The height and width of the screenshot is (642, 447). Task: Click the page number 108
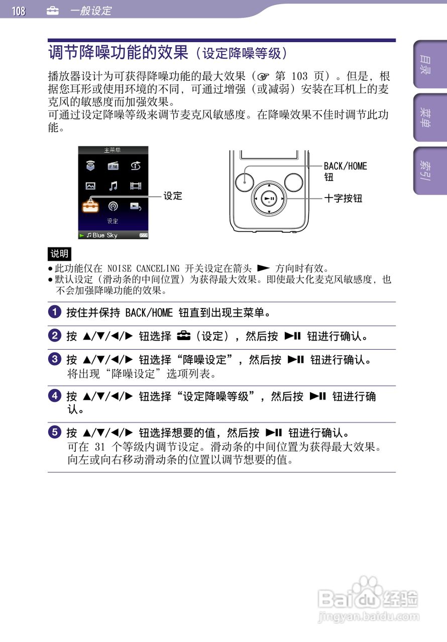tap(19, 11)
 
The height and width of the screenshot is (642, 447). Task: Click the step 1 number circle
tap(55, 312)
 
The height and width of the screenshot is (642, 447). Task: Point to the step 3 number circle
tap(55, 359)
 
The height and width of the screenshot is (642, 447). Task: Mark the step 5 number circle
tap(55, 432)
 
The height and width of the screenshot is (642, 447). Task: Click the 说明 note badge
tap(59, 254)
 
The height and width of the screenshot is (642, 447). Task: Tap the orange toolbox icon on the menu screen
tap(90, 206)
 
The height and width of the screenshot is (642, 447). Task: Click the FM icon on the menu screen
tap(113, 166)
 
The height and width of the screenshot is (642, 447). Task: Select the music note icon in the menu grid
tap(113, 186)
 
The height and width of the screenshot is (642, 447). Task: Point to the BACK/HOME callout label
tap(346, 166)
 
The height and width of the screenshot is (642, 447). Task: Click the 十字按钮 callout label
tap(344, 198)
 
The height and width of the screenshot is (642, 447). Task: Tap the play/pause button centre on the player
tap(269, 198)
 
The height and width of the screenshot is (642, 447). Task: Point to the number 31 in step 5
tap(99, 446)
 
